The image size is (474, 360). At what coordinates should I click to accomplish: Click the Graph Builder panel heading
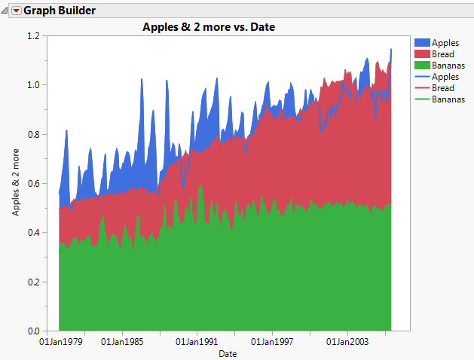(x=60, y=11)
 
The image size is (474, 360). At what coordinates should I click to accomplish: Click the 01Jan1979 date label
(x=61, y=342)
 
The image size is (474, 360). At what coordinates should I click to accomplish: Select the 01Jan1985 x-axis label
(x=122, y=342)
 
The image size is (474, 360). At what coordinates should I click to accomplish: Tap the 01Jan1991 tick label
(x=197, y=342)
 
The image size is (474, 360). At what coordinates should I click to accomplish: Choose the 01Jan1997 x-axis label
(x=272, y=342)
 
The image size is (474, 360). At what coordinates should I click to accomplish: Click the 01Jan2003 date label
(x=347, y=342)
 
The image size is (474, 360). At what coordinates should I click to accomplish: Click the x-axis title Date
(x=228, y=353)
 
